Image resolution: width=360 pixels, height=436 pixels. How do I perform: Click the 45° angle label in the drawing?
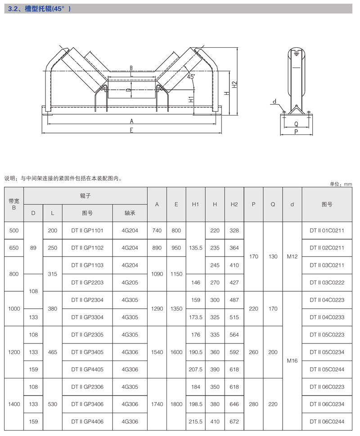click(x=191, y=77)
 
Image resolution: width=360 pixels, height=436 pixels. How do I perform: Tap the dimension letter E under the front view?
click(x=131, y=130)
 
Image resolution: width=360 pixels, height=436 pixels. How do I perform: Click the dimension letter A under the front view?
click(x=131, y=121)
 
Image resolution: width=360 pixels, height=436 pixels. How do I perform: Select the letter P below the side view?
click(x=296, y=132)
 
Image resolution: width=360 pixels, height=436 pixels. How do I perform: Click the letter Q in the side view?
click(x=296, y=124)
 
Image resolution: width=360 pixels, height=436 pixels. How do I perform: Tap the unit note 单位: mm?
click(x=341, y=184)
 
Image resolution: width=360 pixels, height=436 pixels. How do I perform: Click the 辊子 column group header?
click(x=85, y=196)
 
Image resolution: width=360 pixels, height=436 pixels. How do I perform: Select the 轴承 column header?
click(x=130, y=213)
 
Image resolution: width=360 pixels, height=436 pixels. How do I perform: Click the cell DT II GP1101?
click(x=87, y=231)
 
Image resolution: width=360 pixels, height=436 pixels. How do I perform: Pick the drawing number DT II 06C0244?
click(x=327, y=422)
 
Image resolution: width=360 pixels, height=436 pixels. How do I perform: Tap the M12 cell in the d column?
click(x=292, y=257)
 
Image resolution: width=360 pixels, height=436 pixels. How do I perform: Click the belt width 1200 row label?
click(x=14, y=352)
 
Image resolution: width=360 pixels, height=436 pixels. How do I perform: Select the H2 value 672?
click(x=234, y=422)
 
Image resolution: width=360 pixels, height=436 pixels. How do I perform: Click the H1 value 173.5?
click(x=195, y=317)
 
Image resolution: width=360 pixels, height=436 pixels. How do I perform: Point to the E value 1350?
click(x=176, y=309)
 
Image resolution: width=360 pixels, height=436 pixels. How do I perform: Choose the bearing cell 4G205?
click(x=130, y=283)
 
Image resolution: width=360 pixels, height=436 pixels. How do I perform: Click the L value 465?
click(x=53, y=352)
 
